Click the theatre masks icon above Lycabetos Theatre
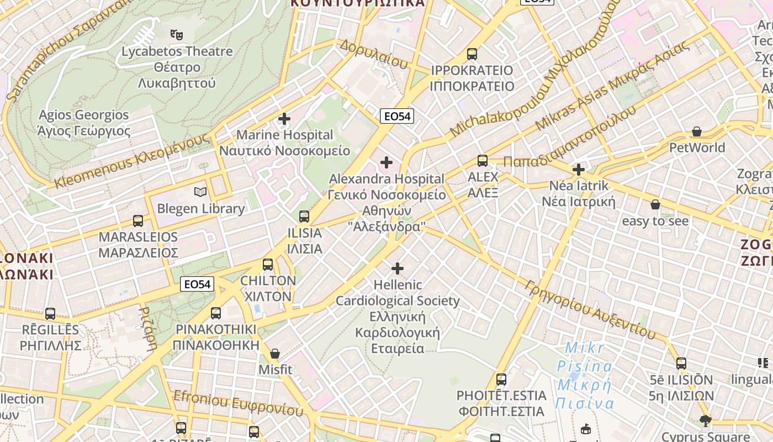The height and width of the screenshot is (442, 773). click(x=177, y=35)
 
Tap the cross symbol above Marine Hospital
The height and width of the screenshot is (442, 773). click(x=284, y=119)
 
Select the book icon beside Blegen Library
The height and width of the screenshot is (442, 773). click(x=200, y=192)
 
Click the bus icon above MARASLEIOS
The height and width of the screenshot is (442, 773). click(x=138, y=221)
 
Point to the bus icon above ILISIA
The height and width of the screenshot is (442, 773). click(x=304, y=216)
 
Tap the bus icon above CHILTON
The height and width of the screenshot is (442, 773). click(x=268, y=264)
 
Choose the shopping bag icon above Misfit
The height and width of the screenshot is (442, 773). click(x=275, y=353)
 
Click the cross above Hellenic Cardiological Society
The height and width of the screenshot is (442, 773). click(x=398, y=269)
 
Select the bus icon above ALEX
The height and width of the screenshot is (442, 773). click(x=483, y=161)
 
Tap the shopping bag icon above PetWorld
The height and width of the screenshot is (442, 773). click(x=697, y=131)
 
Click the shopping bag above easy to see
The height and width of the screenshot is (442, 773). click(x=655, y=204)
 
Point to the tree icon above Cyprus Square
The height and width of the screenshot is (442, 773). click(x=705, y=421)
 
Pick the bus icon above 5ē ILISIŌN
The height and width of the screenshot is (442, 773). click(x=681, y=364)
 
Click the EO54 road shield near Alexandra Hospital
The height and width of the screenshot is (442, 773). click(x=397, y=116)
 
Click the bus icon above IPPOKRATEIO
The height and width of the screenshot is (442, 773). click(x=472, y=54)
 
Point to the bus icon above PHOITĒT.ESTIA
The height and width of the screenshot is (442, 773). click(x=501, y=380)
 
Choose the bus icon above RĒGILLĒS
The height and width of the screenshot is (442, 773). click(x=50, y=314)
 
